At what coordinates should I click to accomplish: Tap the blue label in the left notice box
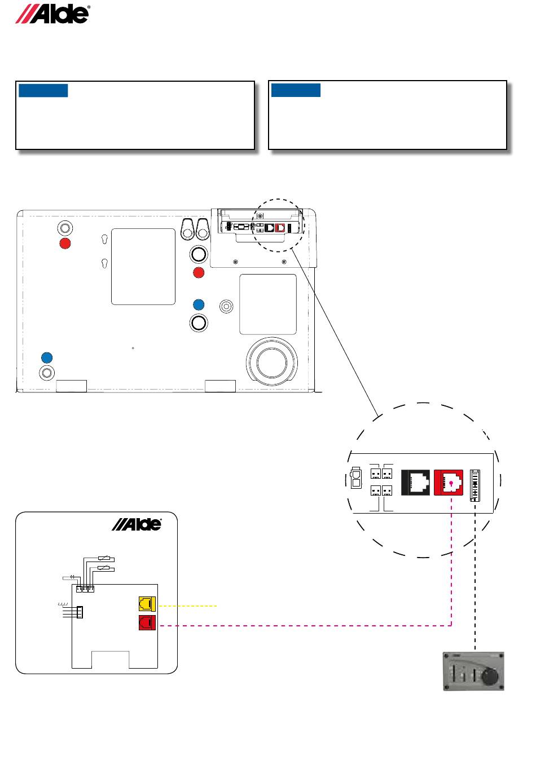(x=43, y=91)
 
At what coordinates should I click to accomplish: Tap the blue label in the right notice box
(x=296, y=91)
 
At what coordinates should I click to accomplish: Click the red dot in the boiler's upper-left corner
(x=65, y=244)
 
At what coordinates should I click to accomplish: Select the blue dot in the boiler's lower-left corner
(x=47, y=357)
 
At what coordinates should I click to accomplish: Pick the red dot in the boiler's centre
(x=198, y=273)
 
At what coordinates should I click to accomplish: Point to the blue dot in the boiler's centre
(x=198, y=304)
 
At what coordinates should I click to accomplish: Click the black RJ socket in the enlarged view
(x=415, y=483)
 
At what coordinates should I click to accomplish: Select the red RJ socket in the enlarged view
(x=448, y=483)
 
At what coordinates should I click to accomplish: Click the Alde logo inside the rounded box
(x=137, y=524)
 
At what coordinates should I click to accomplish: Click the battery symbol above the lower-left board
(x=72, y=577)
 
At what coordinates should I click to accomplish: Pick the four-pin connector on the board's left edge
(x=80, y=612)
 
